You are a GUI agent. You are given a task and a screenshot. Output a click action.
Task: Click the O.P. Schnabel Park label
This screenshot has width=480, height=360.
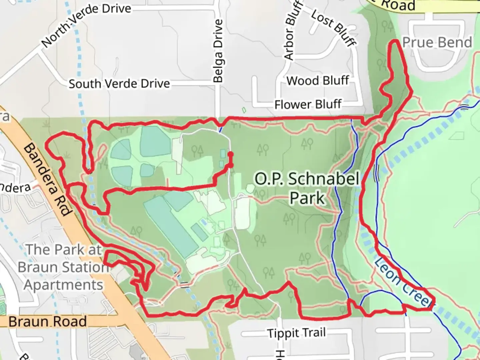click(x=307, y=188)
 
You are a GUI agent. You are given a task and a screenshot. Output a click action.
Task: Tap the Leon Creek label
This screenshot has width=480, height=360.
click(x=403, y=282)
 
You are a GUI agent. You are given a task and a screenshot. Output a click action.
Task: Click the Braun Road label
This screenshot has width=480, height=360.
click(x=47, y=322)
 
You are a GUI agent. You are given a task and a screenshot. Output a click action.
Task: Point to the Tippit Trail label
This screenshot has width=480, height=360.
click(x=296, y=333)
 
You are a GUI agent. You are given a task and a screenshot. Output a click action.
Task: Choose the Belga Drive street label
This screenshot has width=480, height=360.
click(x=218, y=51)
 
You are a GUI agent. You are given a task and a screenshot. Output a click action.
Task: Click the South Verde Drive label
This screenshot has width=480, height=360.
click(x=119, y=83)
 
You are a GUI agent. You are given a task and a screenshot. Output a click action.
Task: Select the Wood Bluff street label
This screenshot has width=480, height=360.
click(x=318, y=81)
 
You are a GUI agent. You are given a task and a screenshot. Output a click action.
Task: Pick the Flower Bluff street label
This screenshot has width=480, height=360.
click(x=308, y=105)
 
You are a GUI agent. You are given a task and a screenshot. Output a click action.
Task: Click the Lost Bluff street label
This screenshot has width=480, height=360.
click(x=334, y=27)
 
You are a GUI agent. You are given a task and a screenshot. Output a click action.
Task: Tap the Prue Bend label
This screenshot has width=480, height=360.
click(x=437, y=43)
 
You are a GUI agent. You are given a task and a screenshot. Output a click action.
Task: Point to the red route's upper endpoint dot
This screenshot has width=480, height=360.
click(x=230, y=154)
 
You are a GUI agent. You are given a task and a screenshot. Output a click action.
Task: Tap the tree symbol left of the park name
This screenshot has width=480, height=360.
click(x=263, y=150)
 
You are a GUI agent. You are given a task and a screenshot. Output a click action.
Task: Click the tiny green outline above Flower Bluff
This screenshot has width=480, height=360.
click(x=244, y=110)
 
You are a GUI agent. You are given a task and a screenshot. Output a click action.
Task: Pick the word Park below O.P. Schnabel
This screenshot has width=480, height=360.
click(x=307, y=198)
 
